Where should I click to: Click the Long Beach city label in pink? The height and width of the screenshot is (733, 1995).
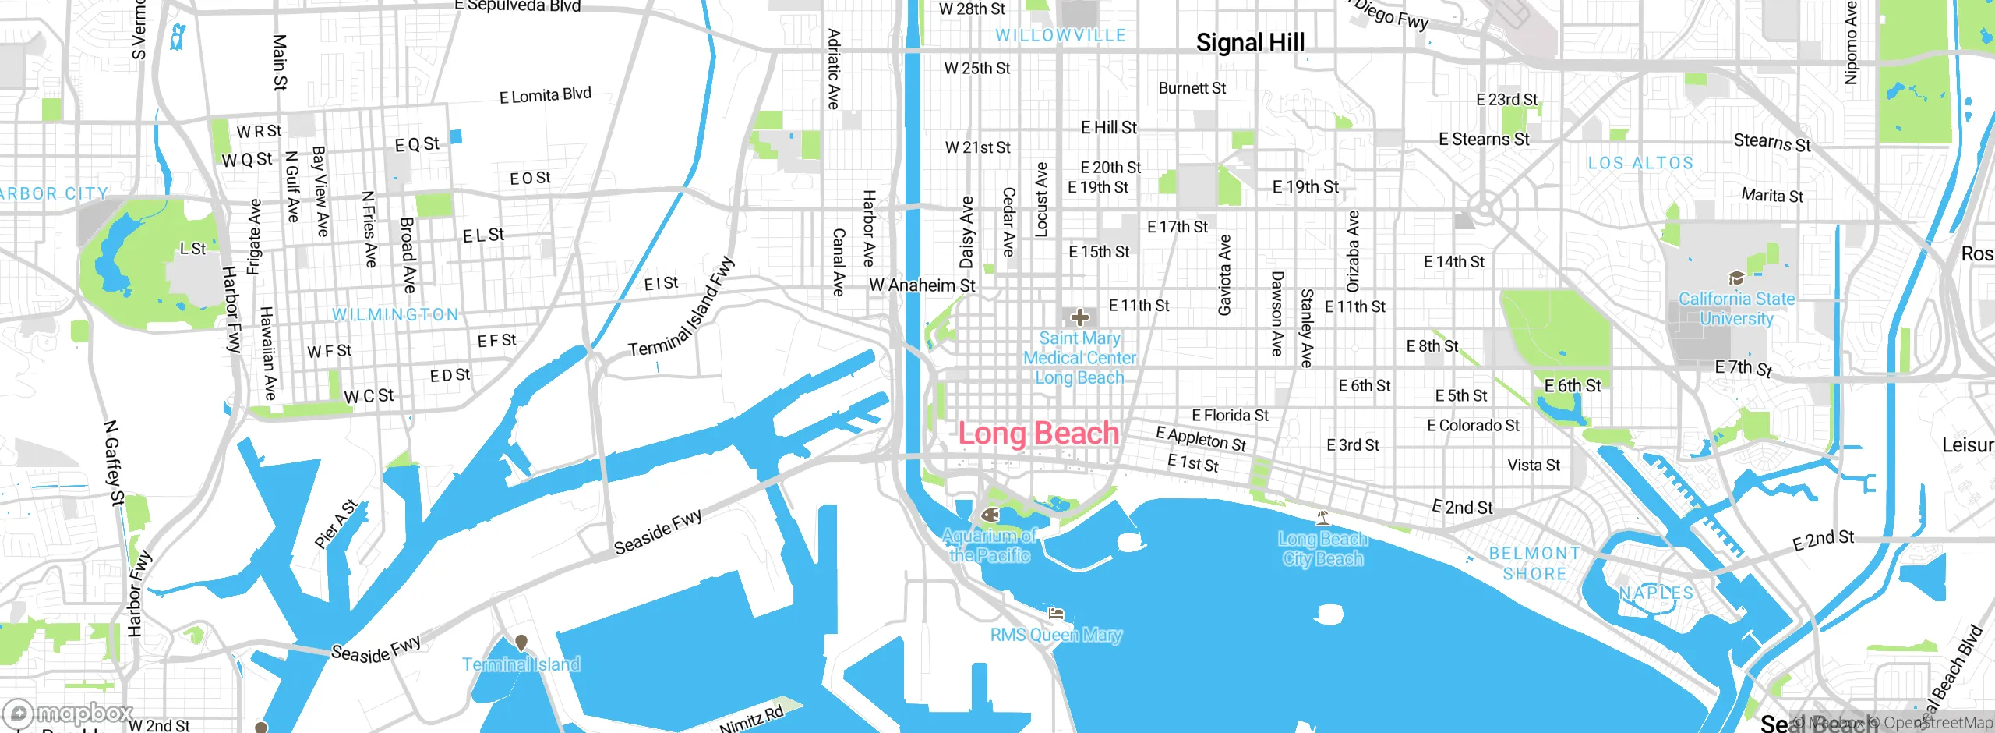[1038, 434]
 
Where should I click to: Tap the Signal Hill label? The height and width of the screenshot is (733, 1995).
[1250, 43]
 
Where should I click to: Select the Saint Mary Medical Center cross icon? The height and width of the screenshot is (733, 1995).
[1080, 317]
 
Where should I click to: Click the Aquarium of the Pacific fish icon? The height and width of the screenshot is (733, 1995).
[990, 515]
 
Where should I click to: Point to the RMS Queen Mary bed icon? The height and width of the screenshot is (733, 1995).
[1056, 614]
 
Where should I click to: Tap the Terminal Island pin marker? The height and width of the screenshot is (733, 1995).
[521, 643]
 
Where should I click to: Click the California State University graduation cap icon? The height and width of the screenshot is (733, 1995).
[1735, 278]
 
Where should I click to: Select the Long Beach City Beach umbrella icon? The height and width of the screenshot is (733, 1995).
[1322, 517]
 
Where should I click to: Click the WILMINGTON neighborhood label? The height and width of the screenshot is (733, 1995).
[396, 314]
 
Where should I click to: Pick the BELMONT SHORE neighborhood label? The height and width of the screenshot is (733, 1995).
[1534, 564]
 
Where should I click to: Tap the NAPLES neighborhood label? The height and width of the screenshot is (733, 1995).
[1656, 593]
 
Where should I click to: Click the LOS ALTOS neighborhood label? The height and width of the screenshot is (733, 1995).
[1640, 163]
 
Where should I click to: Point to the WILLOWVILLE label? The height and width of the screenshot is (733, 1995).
[1061, 35]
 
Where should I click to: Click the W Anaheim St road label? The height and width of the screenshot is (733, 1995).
[922, 285]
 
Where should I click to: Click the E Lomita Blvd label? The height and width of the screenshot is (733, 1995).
[545, 96]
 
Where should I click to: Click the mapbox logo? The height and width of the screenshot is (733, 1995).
[69, 714]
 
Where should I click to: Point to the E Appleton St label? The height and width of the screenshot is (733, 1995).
[1201, 439]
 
